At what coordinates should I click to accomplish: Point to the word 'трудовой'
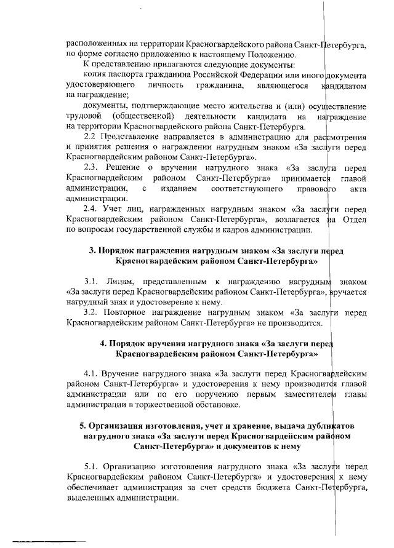pyautogui.click(x=83, y=116)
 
